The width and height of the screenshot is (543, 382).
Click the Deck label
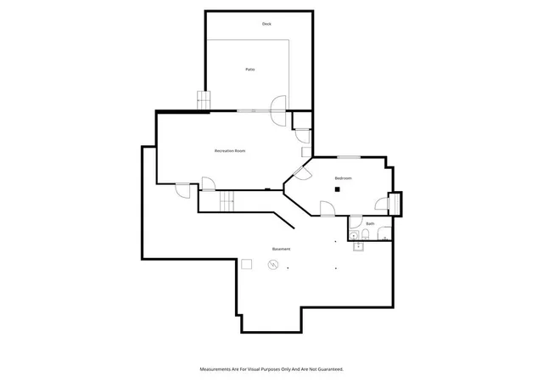(x=266, y=24)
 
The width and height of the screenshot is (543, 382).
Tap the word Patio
(x=250, y=70)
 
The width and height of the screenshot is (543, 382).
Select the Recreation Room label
(x=230, y=151)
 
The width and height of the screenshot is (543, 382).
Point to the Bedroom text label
(x=343, y=178)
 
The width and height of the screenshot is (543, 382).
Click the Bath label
(x=370, y=223)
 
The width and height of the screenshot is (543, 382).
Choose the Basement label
(x=281, y=249)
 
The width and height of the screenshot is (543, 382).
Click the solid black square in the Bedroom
(x=338, y=189)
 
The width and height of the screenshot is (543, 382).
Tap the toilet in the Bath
(x=366, y=234)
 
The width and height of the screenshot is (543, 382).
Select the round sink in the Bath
(x=353, y=235)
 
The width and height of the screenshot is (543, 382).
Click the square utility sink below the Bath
(x=358, y=246)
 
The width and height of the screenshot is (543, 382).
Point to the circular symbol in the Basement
(x=273, y=265)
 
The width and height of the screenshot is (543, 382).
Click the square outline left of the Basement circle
(x=246, y=264)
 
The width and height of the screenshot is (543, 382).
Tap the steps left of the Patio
(x=204, y=100)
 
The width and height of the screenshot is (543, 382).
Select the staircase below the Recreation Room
(x=227, y=200)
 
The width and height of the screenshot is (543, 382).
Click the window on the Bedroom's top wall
(x=349, y=157)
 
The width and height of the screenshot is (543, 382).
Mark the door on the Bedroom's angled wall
(x=302, y=173)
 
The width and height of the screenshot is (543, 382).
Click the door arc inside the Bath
(x=356, y=222)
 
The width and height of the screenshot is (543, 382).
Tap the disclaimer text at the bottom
(x=271, y=369)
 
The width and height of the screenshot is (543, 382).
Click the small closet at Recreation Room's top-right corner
(x=302, y=121)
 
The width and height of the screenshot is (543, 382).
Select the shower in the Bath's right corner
(x=384, y=233)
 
